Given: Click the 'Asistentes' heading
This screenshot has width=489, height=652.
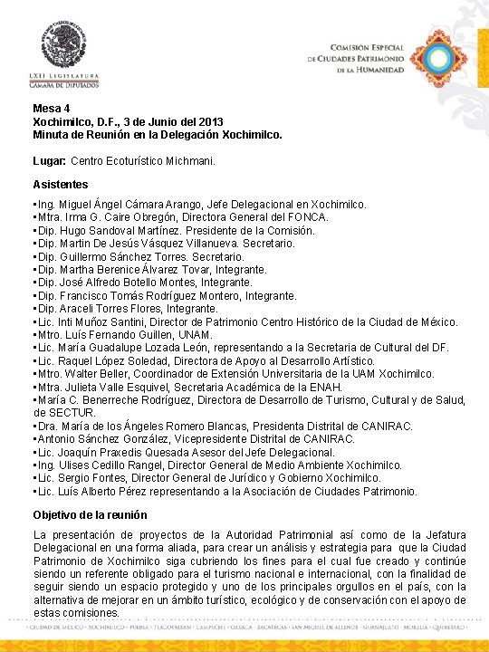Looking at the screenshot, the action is [61, 185].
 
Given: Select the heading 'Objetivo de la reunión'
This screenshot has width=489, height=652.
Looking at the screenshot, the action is [90, 514].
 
